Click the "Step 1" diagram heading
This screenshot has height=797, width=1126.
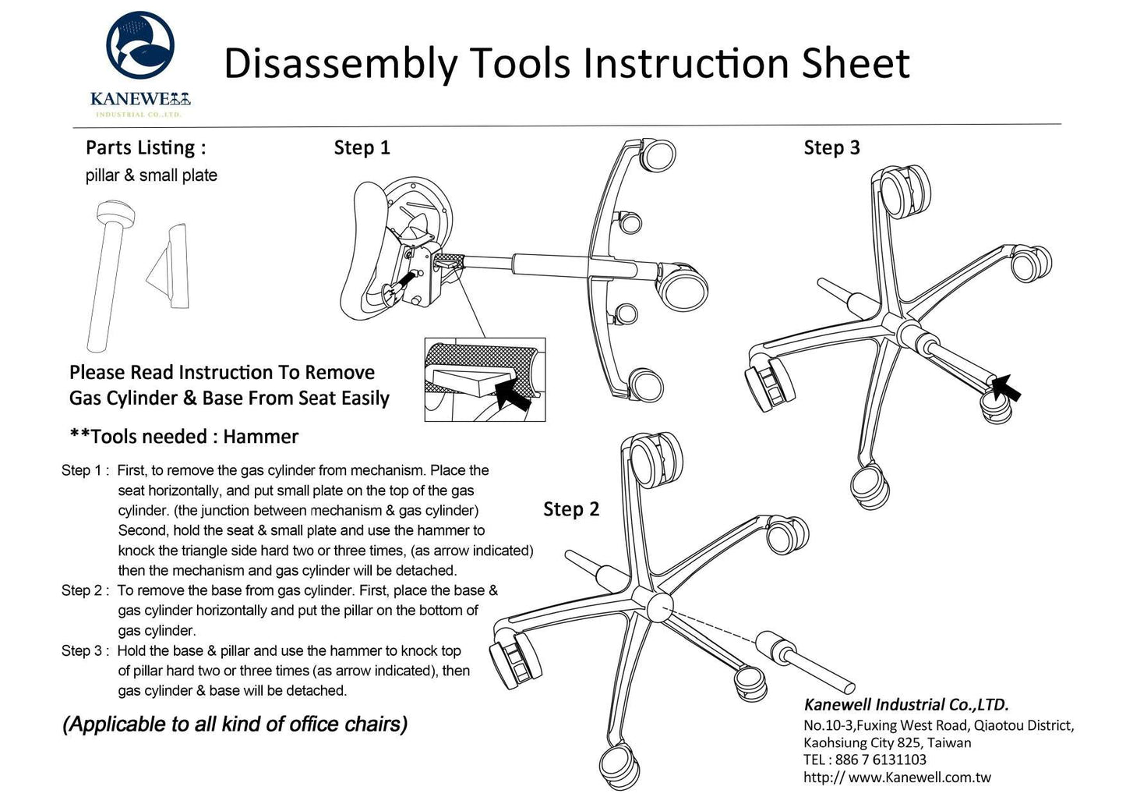point(362,147)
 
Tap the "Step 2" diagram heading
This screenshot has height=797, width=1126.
point(571,509)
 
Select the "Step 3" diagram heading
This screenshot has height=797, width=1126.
point(831,147)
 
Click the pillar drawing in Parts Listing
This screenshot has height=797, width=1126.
point(108,273)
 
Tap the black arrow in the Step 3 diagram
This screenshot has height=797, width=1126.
point(1006,387)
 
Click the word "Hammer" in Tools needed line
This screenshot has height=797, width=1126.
point(260,437)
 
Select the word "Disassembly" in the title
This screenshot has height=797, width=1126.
point(341,64)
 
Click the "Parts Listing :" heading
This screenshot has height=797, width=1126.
point(146,147)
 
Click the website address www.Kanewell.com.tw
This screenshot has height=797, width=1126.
point(920,778)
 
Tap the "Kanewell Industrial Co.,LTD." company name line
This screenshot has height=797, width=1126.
point(906,705)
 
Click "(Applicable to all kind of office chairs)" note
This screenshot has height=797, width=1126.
point(235,724)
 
